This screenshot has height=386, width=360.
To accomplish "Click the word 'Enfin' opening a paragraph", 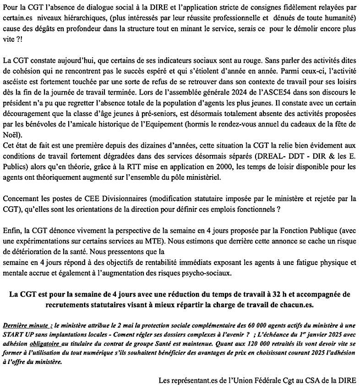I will point(11,230).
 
